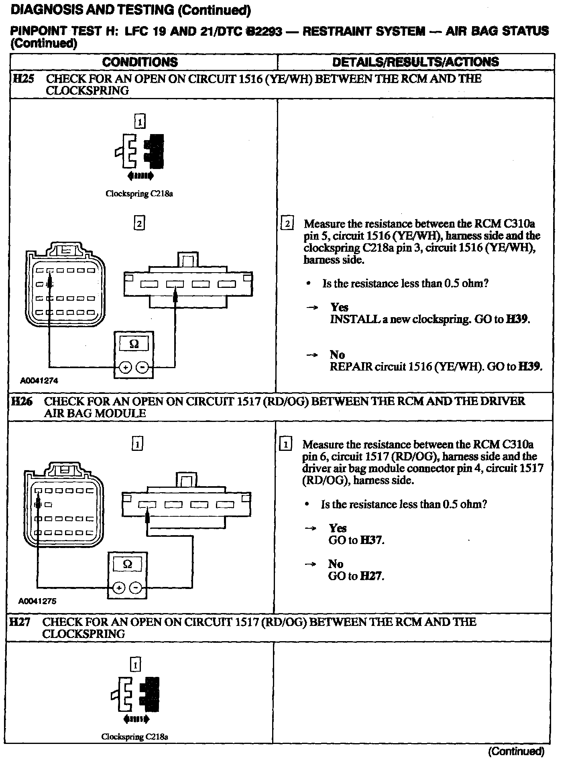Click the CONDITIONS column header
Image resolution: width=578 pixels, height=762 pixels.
click(x=140, y=62)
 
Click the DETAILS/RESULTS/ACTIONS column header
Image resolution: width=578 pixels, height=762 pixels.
click(x=415, y=62)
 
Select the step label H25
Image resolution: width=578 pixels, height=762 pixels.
click(x=24, y=79)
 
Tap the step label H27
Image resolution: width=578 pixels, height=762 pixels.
click(x=20, y=622)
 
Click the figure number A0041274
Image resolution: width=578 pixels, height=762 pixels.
click(x=39, y=381)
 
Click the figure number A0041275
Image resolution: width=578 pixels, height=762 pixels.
click(x=37, y=601)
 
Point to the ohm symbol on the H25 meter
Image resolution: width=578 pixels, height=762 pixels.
click(x=134, y=344)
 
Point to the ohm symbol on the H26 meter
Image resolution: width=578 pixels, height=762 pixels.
click(x=127, y=564)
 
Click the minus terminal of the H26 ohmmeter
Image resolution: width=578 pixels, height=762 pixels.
click(x=136, y=588)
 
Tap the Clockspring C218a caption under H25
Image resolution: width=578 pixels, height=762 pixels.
click(x=139, y=194)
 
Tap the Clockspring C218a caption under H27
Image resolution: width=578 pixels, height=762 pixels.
click(x=134, y=737)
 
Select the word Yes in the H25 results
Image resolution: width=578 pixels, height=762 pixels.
click(x=339, y=308)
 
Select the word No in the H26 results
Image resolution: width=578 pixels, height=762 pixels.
click(x=336, y=564)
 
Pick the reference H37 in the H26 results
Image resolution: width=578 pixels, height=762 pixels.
click(x=371, y=540)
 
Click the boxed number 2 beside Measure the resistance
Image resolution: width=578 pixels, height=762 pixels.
click(x=287, y=224)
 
